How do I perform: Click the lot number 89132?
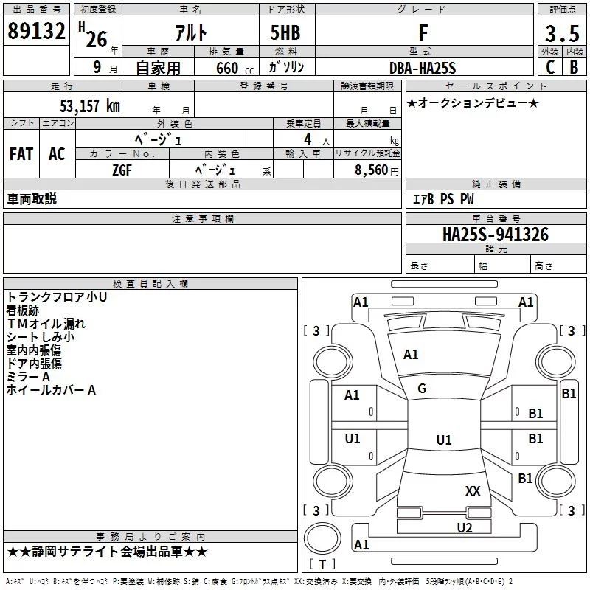36,32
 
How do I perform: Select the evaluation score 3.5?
560,34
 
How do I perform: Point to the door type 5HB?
285,33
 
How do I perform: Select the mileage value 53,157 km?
89,105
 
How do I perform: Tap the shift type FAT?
21,153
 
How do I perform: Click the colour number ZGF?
122,170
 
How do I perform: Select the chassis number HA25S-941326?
496,235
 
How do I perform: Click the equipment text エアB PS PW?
442,199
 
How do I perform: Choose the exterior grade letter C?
549,68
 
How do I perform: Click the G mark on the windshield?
422,389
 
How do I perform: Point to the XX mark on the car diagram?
473,490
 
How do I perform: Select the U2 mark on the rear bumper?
464,527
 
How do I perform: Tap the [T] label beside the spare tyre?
322,565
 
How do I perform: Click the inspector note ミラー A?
28,377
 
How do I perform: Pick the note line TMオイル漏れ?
46,324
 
